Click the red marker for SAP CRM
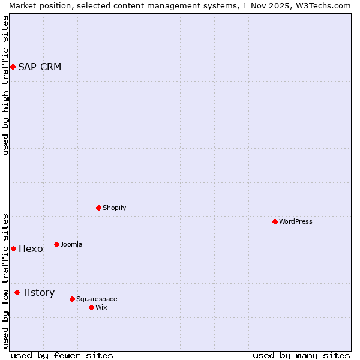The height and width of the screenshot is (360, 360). pyautogui.click(x=13, y=67)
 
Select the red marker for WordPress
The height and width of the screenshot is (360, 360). pyautogui.click(x=275, y=221)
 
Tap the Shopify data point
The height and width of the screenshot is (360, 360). pyautogui.click(x=98, y=208)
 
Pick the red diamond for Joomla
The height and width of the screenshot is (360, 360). pyautogui.click(x=56, y=244)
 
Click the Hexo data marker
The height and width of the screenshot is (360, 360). pyautogui.click(x=13, y=248)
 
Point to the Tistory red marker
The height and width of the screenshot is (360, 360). pyautogui.click(x=17, y=292)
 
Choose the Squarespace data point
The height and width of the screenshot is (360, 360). pyautogui.click(x=72, y=299)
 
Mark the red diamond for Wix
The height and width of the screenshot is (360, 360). pyautogui.click(x=91, y=307)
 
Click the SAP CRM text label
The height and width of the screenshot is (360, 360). pyautogui.click(x=40, y=67)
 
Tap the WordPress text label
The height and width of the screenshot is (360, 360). pyautogui.click(x=296, y=221)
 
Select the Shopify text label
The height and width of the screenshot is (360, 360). pyautogui.click(x=114, y=208)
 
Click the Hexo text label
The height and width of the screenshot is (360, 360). pyautogui.click(x=31, y=248)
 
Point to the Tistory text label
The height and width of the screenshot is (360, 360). pyautogui.click(x=38, y=292)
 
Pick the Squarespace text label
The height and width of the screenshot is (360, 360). pyautogui.click(x=97, y=299)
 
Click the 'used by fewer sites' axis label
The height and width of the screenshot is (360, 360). pyautogui.click(x=62, y=355)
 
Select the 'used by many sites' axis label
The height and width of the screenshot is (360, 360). pyautogui.click(x=301, y=355)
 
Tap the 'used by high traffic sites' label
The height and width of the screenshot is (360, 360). pyautogui.click(x=5, y=85)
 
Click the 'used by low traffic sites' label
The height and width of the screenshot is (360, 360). pyautogui.click(x=5, y=280)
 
